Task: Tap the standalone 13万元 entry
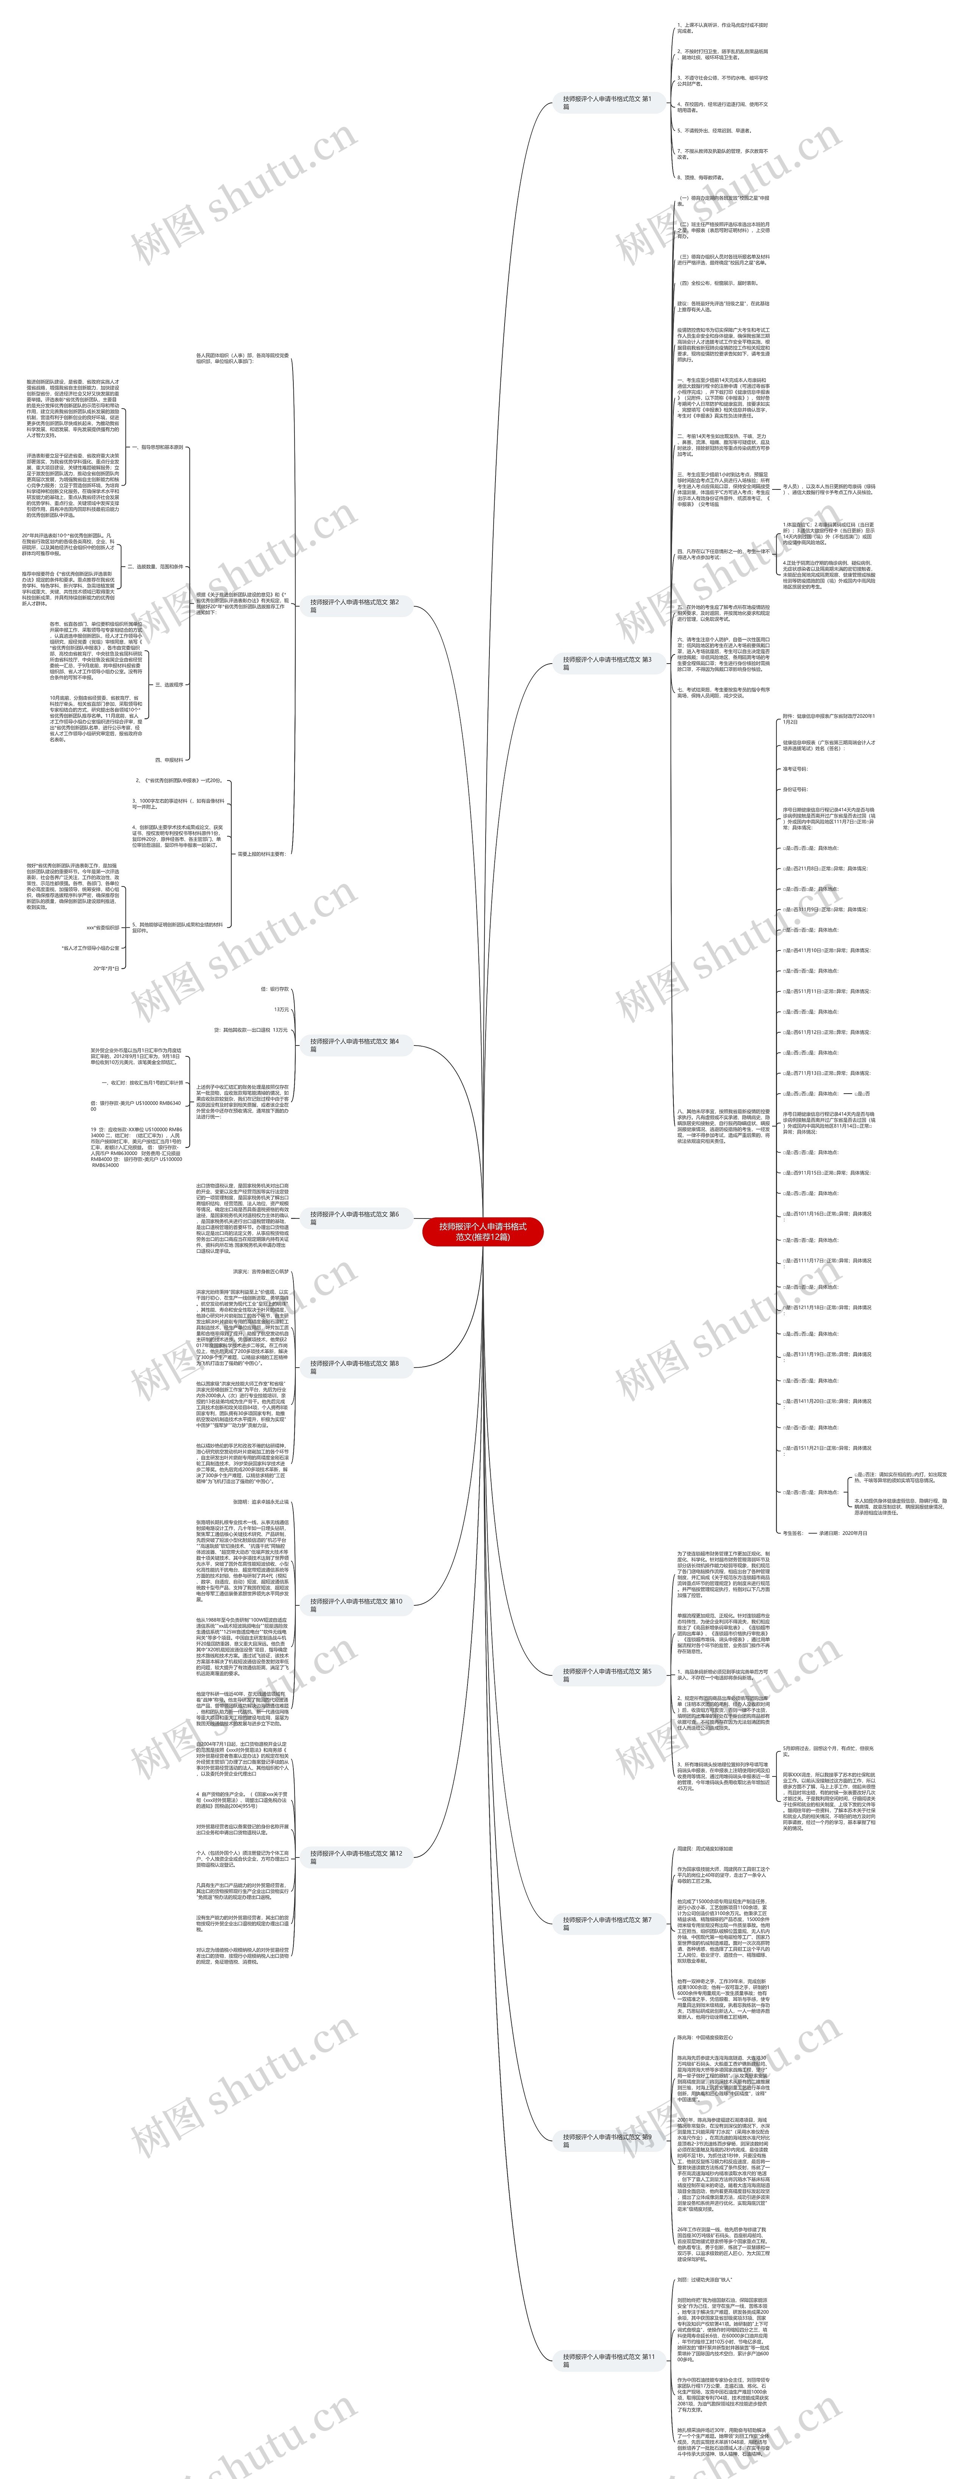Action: pos(281,1010)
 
